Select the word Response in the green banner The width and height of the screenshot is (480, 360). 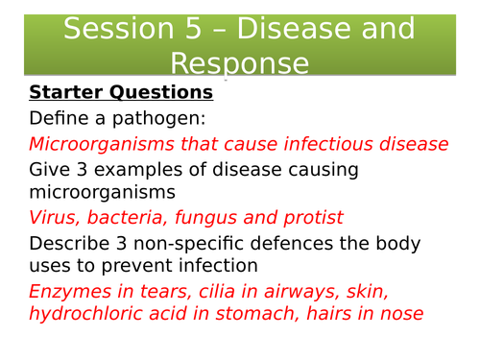pyautogui.click(x=240, y=64)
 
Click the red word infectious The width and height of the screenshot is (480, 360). pyautogui.click(x=324, y=144)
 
